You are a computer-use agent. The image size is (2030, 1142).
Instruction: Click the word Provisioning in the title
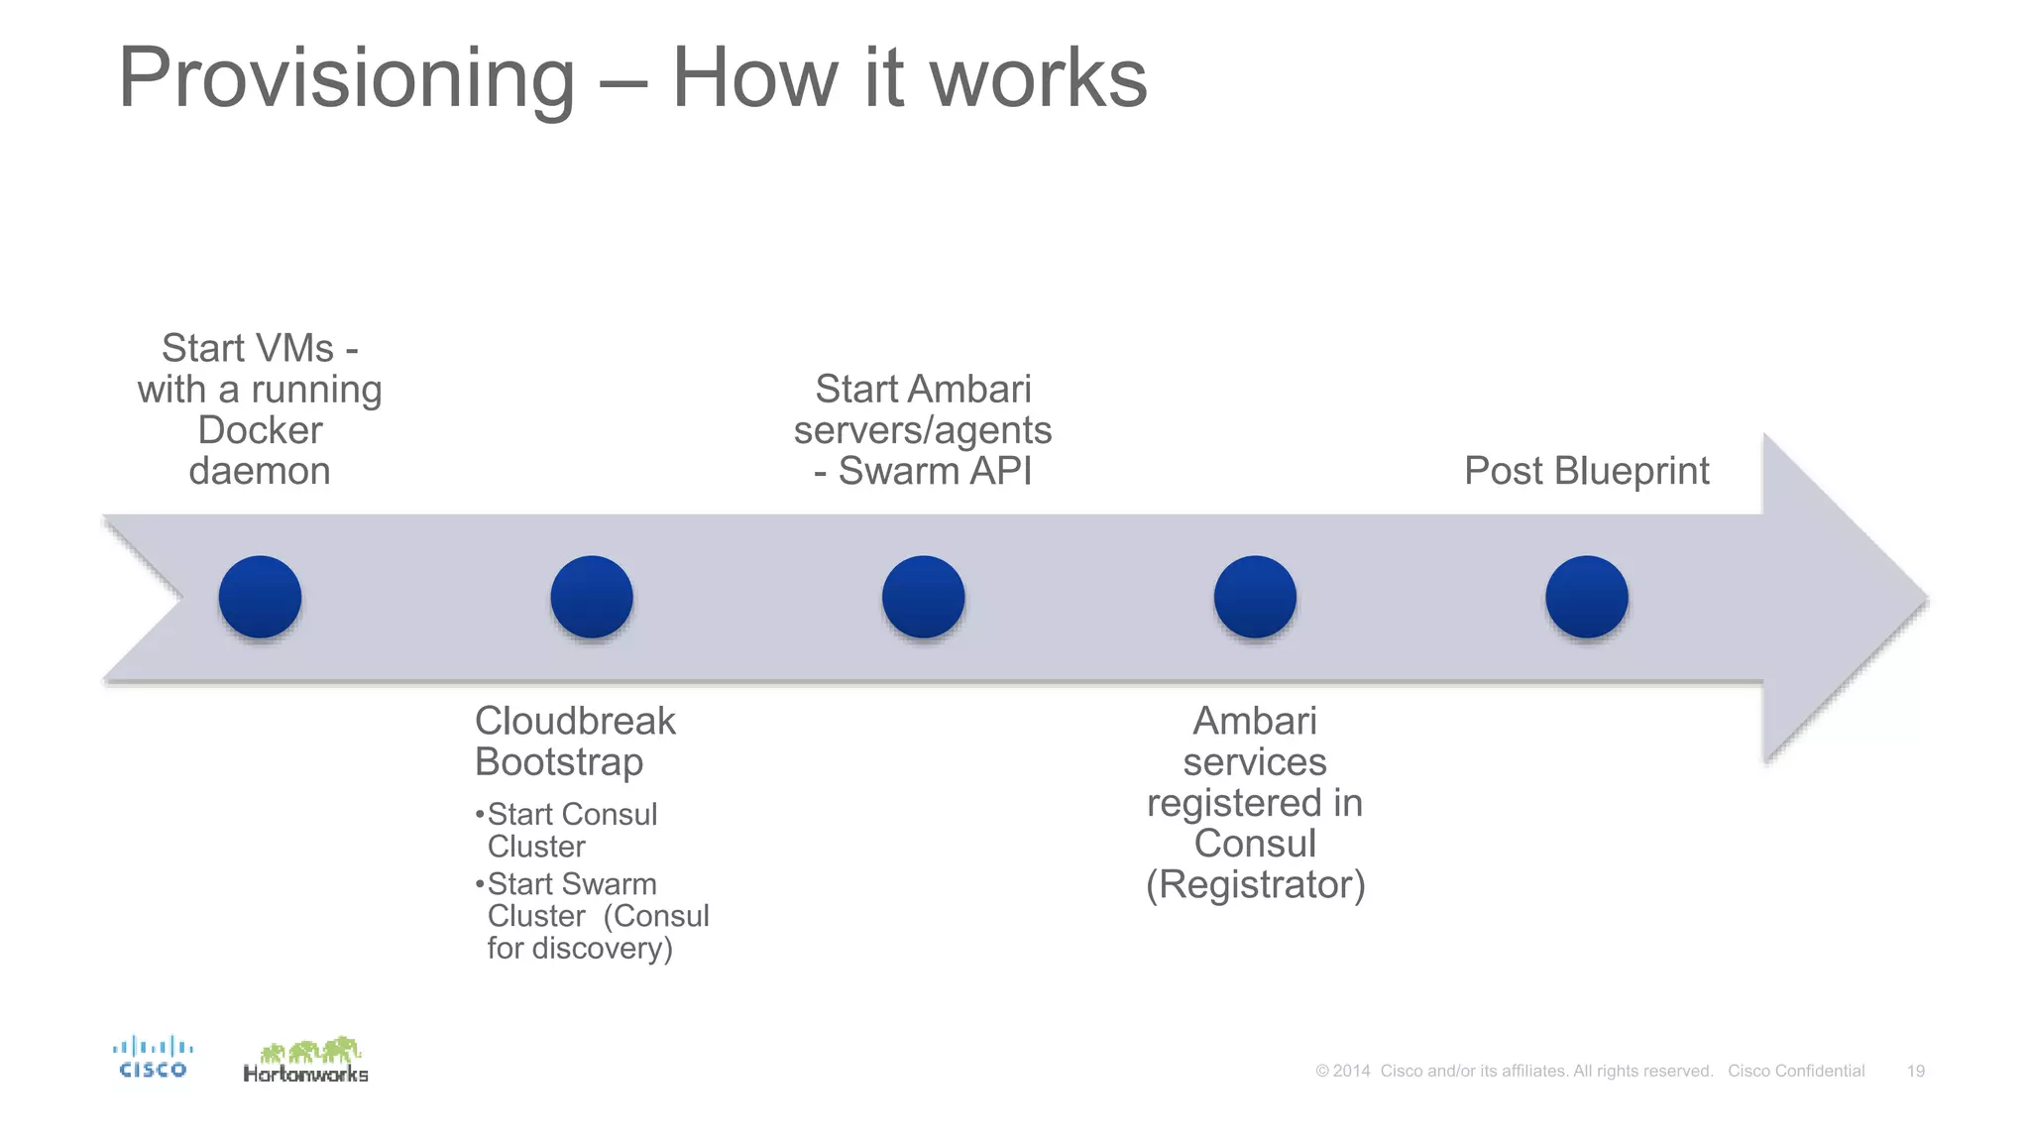pos(346,79)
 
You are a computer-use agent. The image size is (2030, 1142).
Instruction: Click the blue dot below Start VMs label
pos(260,597)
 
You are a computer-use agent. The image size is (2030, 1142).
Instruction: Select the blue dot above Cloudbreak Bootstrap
pos(592,597)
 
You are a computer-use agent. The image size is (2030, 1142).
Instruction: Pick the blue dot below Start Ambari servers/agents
pos(923,597)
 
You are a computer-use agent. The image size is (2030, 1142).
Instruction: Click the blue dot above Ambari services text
pos(1255,597)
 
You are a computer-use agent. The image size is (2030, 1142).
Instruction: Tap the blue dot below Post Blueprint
pos(1586,597)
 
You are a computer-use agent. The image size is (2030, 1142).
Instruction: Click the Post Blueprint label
pos(1586,471)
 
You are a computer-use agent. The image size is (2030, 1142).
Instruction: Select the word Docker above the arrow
pos(260,430)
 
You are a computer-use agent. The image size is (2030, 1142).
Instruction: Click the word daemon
pos(260,471)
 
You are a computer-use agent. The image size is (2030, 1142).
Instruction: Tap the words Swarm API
pos(935,471)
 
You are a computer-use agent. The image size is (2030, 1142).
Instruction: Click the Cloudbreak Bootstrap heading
pos(574,741)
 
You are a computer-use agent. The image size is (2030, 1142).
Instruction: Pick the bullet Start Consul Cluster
pos(571,830)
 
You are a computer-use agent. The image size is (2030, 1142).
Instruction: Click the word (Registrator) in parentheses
pos(1255,884)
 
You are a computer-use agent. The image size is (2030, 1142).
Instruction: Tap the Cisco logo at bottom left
pos(153,1057)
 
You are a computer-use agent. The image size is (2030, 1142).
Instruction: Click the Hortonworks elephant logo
pos(306,1060)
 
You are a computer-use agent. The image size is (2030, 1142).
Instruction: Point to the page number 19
pos(1915,1071)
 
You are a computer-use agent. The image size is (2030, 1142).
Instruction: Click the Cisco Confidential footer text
pos(1796,1071)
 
